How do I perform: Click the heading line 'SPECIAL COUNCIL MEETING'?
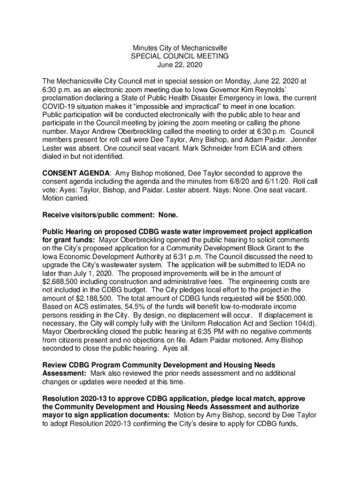[x=180, y=56]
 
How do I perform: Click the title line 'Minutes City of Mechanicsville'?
[x=180, y=48]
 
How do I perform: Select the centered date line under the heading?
[x=180, y=65]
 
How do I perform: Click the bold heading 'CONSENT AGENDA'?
[x=77, y=173]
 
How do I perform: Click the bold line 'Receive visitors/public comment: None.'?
[x=110, y=215]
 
